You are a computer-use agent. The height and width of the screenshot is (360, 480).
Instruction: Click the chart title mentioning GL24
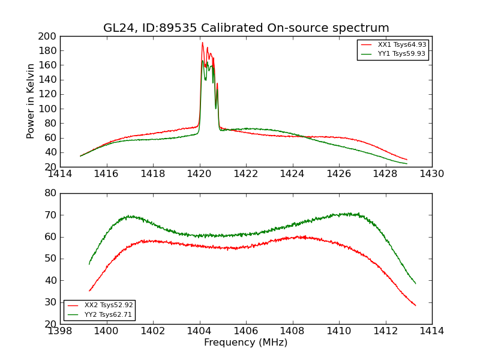(246, 28)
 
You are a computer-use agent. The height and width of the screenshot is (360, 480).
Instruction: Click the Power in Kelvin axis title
(31, 101)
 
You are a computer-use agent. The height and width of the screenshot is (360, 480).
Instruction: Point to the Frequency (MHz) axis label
(246, 343)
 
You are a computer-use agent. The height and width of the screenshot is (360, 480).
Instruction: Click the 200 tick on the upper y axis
(48, 36)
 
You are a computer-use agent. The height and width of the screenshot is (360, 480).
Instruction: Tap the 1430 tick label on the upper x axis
(431, 174)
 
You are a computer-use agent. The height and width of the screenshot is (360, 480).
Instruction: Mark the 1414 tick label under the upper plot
(60, 174)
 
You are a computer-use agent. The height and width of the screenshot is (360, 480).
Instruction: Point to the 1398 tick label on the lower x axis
(60, 331)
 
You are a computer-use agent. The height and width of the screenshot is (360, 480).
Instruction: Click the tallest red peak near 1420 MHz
(202, 43)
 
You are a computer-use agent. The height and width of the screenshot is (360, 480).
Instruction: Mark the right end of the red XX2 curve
(415, 305)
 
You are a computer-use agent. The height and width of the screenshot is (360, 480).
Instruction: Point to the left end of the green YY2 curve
(89, 264)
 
